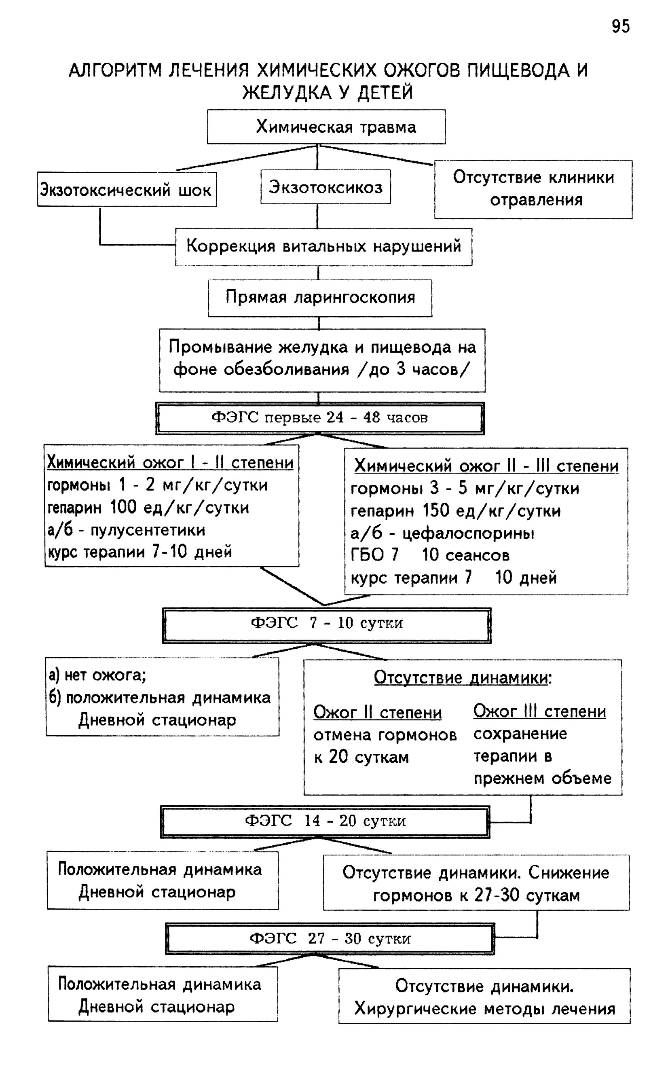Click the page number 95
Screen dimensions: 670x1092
tap(620, 27)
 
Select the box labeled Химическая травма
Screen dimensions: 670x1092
tap(326, 127)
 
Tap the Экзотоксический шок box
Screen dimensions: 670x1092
tap(127, 189)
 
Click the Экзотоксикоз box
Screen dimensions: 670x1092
tap(325, 186)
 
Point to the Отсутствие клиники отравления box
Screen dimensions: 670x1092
tap(533, 189)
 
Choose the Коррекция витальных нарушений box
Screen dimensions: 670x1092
tap(323, 247)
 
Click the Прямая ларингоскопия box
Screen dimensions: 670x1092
tap(320, 298)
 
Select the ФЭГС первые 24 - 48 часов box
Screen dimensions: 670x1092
tap(319, 418)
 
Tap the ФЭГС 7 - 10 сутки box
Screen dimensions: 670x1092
tap(327, 625)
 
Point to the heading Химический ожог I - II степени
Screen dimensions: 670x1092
tap(170, 463)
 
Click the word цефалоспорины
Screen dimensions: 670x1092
tap(468, 533)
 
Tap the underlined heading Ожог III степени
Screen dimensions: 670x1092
tap(539, 711)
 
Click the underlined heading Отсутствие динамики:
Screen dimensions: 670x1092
tap(463, 677)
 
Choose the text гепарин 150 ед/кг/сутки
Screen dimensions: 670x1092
tap(456, 511)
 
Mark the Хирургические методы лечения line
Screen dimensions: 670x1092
tap(485, 1009)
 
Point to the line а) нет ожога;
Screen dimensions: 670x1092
tap(97, 675)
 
